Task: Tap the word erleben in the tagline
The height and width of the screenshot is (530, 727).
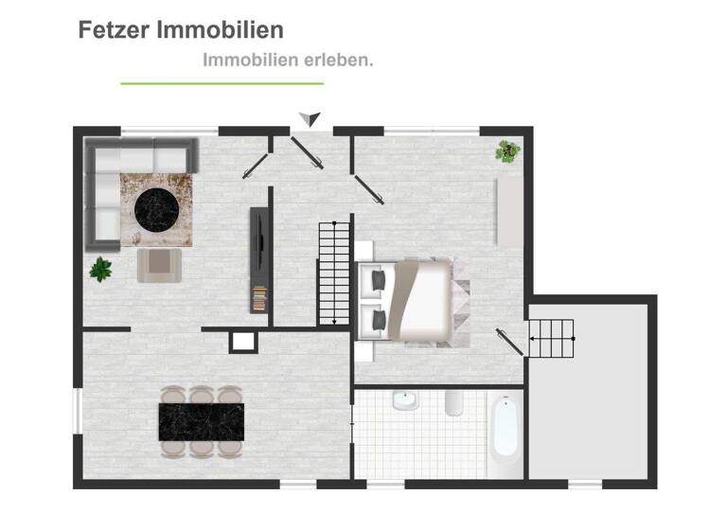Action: [333, 60]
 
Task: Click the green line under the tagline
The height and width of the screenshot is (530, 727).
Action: [222, 83]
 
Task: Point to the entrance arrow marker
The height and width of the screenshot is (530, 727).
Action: [310, 118]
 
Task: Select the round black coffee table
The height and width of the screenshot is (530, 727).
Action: [154, 210]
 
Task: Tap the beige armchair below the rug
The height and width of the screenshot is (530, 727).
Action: [159, 264]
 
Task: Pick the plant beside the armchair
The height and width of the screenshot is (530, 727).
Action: [101, 269]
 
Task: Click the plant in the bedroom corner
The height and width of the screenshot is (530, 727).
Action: [508, 150]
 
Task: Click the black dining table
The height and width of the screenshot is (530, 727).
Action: [202, 422]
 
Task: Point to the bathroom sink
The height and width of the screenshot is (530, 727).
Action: [405, 401]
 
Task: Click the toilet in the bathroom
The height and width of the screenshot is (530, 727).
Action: [453, 403]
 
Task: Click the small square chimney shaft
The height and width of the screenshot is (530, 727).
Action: [242, 341]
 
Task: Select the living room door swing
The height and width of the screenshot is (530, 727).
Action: [254, 165]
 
